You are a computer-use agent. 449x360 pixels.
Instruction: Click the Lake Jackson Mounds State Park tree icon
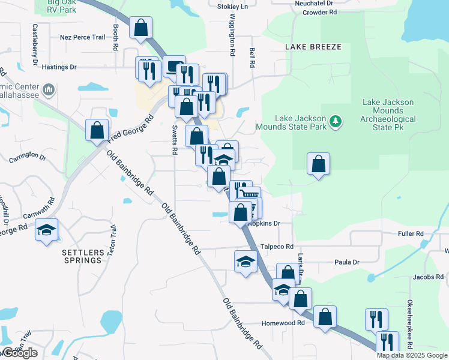[x=336, y=121]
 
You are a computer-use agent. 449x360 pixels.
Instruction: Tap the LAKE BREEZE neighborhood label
[x=313, y=47]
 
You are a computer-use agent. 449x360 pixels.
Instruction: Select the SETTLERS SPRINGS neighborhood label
[x=82, y=256]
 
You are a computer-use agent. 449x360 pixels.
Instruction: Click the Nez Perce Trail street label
[x=82, y=37]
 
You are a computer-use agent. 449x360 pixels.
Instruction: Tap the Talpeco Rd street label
[x=277, y=247]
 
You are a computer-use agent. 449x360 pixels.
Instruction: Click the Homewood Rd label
[x=283, y=323]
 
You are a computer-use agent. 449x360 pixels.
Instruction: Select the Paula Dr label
[x=347, y=262]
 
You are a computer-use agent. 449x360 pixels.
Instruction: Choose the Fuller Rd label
[x=411, y=233]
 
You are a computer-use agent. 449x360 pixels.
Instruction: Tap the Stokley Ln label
[x=235, y=6]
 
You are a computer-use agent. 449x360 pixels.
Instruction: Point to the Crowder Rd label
[x=319, y=12]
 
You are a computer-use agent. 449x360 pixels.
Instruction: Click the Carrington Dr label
[x=28, y=157]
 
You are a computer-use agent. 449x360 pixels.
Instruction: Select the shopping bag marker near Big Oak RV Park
[x=140, y=28]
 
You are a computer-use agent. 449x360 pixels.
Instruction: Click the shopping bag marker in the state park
[x=318, y=164]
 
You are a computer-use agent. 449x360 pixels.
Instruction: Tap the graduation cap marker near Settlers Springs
[x=46, y=230]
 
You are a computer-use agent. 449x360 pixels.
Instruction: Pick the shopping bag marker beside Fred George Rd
[x=97, y=130]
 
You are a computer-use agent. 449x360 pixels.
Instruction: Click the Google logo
[x=20, y=353]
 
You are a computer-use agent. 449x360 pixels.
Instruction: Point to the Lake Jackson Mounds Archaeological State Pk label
[x=388, y=115]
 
